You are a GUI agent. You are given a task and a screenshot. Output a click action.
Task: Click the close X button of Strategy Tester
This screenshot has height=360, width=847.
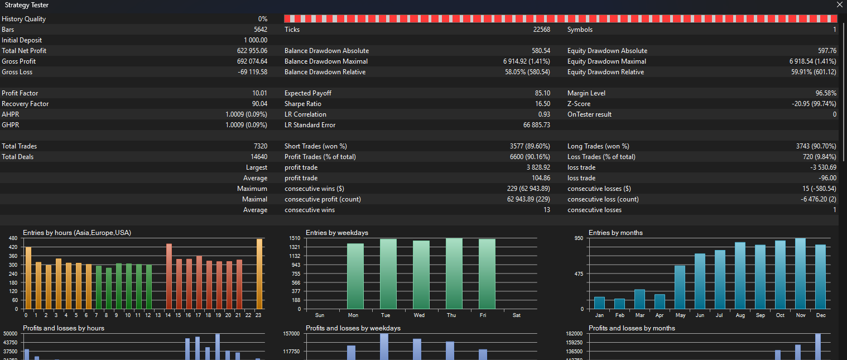point(839,5)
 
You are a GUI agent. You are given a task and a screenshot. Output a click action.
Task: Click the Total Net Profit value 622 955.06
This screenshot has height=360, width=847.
point(252,51)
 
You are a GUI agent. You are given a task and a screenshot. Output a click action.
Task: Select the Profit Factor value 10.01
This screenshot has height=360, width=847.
point(260,93)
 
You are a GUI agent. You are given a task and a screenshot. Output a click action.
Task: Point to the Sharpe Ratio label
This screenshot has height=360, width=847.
point(303,104)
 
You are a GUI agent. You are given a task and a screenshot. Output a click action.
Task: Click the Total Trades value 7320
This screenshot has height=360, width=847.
point(260,146)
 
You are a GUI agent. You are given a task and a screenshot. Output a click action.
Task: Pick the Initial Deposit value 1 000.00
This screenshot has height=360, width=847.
point(256,40)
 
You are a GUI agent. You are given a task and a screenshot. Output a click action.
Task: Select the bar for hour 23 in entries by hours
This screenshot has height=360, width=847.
point(259,274)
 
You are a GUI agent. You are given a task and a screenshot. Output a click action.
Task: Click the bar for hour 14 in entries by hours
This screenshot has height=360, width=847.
point(169,276)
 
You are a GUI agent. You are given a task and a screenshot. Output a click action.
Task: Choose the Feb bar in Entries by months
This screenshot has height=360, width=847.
point(619,304)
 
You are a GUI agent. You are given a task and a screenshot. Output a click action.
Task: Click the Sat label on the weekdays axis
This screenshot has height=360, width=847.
point(517,315)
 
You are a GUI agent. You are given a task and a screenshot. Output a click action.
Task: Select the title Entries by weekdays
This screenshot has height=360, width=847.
point(337,233)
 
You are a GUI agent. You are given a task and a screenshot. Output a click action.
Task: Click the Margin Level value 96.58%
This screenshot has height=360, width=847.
point(826,93)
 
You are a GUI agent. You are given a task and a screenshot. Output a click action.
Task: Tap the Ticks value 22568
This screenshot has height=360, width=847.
point(541,30)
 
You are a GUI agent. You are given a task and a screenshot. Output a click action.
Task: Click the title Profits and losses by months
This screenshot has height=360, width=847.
point(632,328)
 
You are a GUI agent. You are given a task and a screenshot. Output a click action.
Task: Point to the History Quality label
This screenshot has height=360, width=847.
point(24,19)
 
